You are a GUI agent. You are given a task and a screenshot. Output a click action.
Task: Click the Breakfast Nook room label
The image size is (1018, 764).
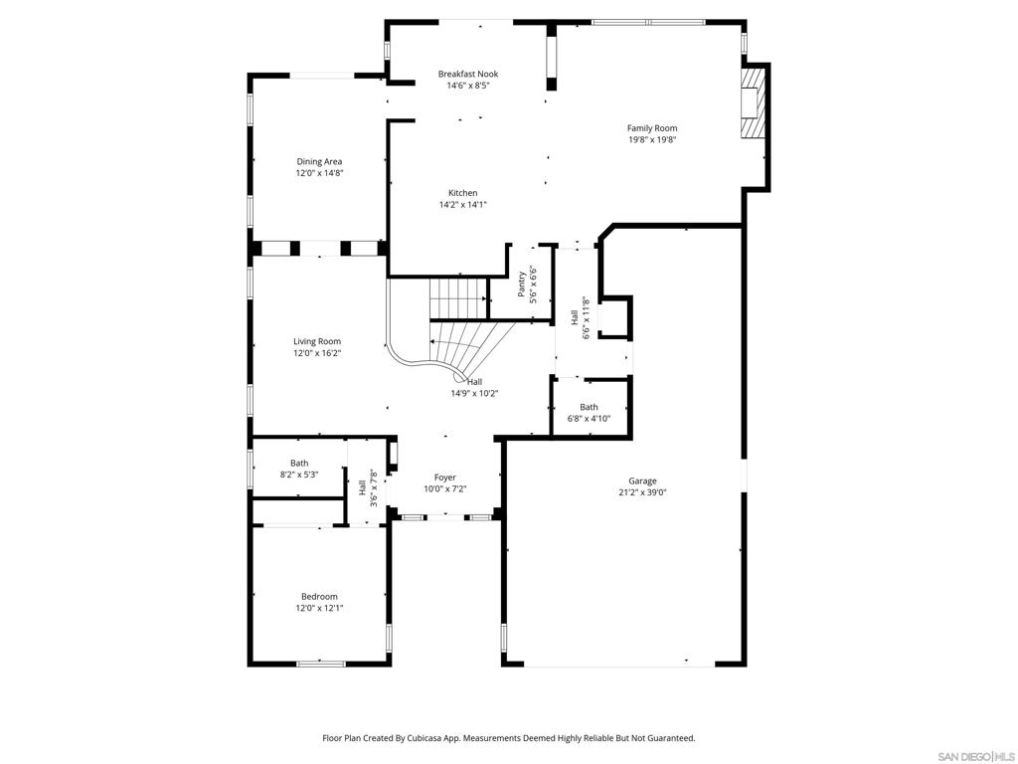(467, 74)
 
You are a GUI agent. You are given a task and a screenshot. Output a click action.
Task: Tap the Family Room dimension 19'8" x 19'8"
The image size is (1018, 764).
(652, 139)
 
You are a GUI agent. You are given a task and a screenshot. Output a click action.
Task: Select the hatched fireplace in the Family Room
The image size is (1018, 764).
(753, 102)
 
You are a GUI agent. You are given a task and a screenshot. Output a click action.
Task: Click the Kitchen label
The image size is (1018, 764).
(463, 193)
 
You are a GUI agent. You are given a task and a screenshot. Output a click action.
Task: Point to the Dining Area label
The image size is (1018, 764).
(319, 162)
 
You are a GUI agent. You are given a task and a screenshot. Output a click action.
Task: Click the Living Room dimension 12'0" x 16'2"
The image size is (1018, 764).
(317, 353)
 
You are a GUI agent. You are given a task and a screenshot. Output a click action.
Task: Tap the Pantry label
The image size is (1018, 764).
(521, 285)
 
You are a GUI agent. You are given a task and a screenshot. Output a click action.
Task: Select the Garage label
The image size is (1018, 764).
(642, 481)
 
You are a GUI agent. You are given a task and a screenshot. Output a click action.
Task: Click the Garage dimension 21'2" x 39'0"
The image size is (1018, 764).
(642, 492)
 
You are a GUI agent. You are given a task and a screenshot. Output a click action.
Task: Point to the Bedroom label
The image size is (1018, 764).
(319, 597)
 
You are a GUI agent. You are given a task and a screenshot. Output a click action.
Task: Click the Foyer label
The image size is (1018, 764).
(445, 477)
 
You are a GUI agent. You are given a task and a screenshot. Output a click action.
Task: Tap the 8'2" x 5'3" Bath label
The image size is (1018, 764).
(299, 470)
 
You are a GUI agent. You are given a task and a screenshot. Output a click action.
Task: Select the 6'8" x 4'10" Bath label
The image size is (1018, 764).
(589, 413)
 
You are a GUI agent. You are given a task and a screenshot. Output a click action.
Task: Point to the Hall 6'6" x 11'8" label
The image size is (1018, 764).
(580, 318)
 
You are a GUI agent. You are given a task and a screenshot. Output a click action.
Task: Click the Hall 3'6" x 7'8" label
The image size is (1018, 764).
(368, 488)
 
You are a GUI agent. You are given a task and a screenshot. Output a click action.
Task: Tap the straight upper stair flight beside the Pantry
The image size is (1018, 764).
(458, 298)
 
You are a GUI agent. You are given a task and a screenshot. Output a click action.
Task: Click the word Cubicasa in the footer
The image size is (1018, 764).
(424, 738)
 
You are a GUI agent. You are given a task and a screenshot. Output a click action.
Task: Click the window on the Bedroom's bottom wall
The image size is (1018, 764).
(321, 664)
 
